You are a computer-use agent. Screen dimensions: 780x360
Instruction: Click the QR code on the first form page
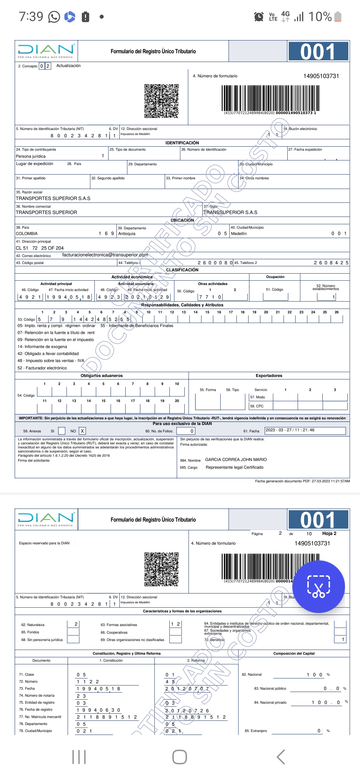[161, 101]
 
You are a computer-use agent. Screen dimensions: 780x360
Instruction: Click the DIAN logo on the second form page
[46, 519]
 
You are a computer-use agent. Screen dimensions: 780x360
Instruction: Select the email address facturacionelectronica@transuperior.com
[105, 255]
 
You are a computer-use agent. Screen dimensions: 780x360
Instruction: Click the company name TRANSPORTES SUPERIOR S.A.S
[53, 198]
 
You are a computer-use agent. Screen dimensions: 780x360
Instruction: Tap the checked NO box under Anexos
[82, 431]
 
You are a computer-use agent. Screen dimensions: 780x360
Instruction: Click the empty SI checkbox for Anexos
[62, 431]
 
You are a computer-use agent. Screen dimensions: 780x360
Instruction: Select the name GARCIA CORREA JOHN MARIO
[236, 460]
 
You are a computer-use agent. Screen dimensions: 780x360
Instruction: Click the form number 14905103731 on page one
[321, 76]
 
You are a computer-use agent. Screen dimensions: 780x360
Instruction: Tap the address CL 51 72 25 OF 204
[40, 248]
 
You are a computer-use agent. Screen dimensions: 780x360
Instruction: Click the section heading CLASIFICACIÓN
[182, 270]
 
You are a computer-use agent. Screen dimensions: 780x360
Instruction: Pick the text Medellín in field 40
[239, 234]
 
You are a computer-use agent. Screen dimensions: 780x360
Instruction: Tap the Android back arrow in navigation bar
[281, 757]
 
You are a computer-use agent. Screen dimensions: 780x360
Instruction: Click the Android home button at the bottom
[179, 757]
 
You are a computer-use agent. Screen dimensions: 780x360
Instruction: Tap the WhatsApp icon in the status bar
[54, 17]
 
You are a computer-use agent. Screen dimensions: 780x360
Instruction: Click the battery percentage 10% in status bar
[320, 17]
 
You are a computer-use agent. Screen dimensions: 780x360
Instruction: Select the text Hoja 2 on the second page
[329, 533]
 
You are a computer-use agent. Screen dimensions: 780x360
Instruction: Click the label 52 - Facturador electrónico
[42, 368]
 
